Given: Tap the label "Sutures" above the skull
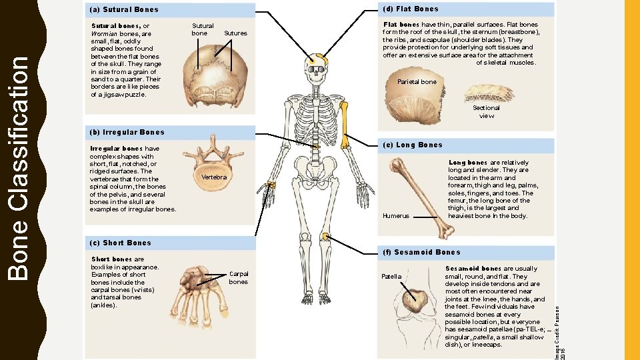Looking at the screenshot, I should (x=235, y=33).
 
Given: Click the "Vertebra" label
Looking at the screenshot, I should (x=214, y=177).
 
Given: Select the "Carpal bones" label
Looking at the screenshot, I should (x=238, y=277).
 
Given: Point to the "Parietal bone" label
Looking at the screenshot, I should (x=417, y=82).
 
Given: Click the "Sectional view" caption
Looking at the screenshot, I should (x=486, y=111).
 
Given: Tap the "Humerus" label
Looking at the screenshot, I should (x=396, y=216).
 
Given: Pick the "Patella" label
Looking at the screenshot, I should (x=391, y=276).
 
